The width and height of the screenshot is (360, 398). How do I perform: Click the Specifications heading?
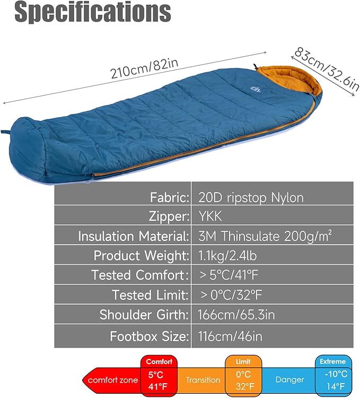pyautogui.click(x=93, y=13)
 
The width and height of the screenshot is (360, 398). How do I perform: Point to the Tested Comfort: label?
pyautogui.click(x=140, y=275)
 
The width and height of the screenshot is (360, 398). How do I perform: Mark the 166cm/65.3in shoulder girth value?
pyautogui.click(x=236, y=314)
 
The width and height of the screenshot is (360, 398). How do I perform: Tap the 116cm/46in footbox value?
pyautogui.click(x=230, y=336)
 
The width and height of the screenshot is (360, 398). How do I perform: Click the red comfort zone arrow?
pyautogui.click(x=112, y=379)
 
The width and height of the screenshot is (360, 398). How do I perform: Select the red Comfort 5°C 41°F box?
pyautogui.click(x=159, y=375)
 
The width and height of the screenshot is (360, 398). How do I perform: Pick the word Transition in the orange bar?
pyautogui.click(x=203, y=380)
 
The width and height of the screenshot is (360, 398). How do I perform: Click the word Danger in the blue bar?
pyautogui.click(x=290, y=380)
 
